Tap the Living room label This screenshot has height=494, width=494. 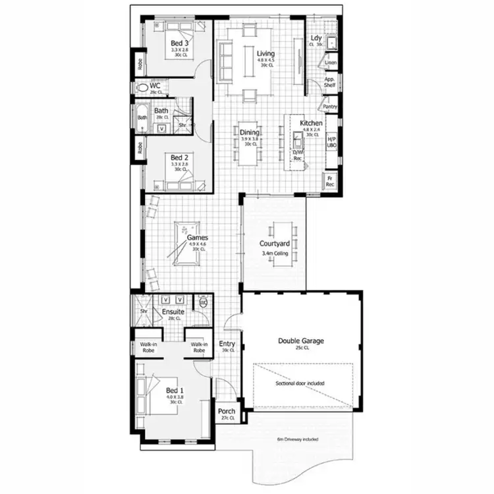tap(265, 53)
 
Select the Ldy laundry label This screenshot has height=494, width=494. tap(316, 39)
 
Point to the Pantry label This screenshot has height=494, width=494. tap(330, 106)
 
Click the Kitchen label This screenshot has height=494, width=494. tap(311, 123)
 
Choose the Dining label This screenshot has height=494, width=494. tap(250, 132)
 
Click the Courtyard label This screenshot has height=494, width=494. tap(275, 244)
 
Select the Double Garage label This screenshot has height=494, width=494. tap(301, 341)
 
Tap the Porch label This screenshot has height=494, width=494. tap(227, 412)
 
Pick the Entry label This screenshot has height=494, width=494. tap(227, 343)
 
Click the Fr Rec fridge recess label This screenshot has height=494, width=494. tap(330, 181)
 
